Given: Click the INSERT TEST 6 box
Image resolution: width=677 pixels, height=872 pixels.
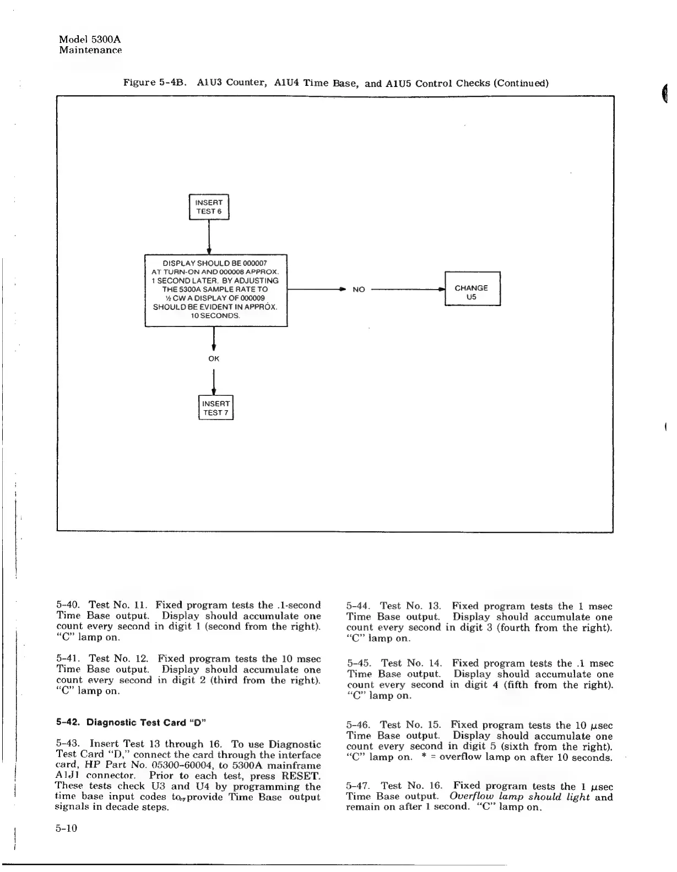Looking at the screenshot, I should point(209,207).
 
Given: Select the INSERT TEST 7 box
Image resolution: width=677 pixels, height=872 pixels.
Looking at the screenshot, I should point(216,408).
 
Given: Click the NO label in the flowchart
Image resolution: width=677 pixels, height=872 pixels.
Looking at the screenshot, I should point(359,290).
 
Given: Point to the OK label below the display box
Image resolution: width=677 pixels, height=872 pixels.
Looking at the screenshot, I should point(214,358).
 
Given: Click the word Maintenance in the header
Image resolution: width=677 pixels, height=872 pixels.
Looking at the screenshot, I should point(90,51).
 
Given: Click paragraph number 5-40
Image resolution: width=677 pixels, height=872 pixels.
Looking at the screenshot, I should point(69,606).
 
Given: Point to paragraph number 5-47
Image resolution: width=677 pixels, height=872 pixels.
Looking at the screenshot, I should point(359,786).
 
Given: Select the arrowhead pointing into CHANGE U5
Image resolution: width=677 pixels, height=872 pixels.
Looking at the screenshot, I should point(441,288).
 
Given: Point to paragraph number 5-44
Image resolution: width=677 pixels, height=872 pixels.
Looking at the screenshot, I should point(359,606).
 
